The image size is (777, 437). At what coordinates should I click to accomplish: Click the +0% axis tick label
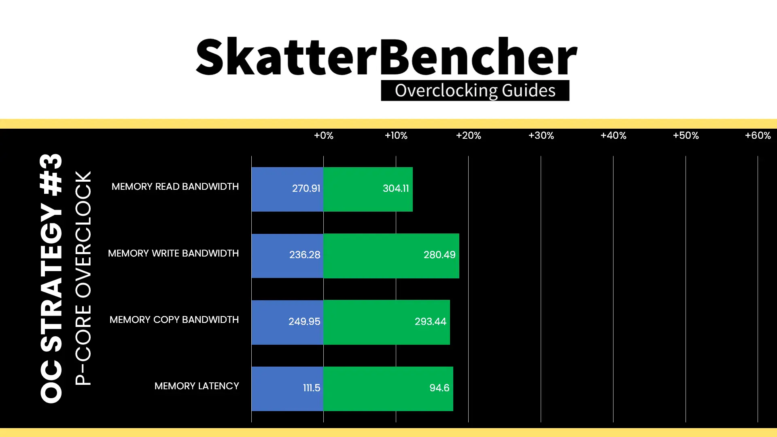coord(324,136)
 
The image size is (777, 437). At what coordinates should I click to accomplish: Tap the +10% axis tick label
coord(396,136)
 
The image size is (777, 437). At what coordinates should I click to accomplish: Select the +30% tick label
coord(541,136)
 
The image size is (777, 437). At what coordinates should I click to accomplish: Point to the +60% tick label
coord(758,136)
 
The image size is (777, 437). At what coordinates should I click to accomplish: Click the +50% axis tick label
coord(686,136)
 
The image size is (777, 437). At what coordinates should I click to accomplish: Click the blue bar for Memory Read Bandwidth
coord(287,189)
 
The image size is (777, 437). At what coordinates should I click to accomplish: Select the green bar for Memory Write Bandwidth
coord(391,256)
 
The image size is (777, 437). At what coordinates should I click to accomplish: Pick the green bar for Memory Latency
coord(388,389)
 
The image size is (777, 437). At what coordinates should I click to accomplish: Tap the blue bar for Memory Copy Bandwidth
coord(287,322)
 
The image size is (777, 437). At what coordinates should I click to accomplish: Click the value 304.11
coord(396,189)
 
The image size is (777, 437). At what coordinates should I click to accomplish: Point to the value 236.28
coord(305,255)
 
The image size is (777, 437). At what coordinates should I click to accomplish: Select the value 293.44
coord(430,322)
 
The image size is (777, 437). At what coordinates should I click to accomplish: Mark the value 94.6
coord(439,388)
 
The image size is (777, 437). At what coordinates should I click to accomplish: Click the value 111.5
coord(312,388)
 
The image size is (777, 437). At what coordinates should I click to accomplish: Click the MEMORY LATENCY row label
coord(197,386)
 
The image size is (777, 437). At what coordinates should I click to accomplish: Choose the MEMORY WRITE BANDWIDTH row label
coord(173,253)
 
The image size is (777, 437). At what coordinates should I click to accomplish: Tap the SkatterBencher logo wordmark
coord(386,57)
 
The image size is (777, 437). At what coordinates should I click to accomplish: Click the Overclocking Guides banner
coord(475,91)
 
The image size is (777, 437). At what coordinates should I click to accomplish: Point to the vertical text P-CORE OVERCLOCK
coord(83,278)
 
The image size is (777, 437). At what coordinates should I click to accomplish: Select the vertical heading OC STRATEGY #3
coord(52,278)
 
